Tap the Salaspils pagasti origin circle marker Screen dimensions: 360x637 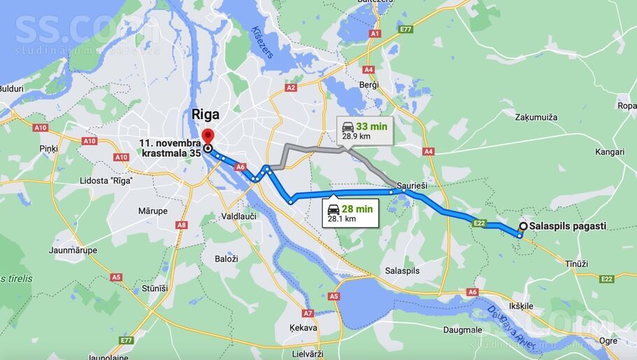523,226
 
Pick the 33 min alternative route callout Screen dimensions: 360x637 364,130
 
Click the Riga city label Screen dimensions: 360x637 205,114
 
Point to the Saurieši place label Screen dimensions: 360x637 412,186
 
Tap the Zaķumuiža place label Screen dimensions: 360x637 536,117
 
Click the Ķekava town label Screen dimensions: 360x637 303,327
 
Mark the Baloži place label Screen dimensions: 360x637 226,258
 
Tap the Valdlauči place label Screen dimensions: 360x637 239,216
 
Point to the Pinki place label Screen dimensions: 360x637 48,148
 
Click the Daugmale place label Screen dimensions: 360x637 463,329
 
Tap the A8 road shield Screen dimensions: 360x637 181,225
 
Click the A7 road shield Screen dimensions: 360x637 308,313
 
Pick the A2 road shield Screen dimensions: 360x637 291,88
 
